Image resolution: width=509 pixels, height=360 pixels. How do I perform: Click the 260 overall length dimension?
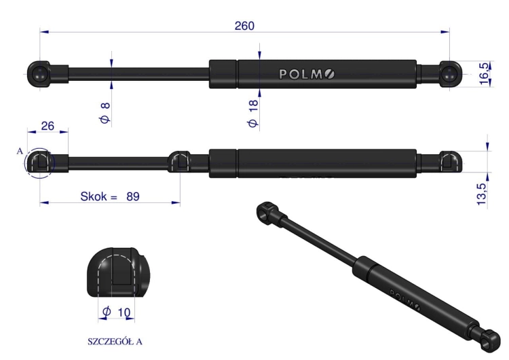[244, 26]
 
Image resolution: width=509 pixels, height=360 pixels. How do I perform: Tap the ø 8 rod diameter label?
[105, 113]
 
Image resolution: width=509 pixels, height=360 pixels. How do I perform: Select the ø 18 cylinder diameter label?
[252, 113]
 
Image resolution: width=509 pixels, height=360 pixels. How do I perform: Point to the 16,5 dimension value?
[484, 74]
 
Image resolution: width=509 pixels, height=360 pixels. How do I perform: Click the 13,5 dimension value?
[482, 194]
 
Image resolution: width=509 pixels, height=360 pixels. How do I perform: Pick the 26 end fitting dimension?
[48, 126]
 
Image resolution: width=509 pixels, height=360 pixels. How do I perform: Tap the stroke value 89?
[133, 196]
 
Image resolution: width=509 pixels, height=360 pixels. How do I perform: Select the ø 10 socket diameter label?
[116, 312]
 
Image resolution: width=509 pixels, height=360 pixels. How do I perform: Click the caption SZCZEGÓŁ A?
[115, 342]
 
